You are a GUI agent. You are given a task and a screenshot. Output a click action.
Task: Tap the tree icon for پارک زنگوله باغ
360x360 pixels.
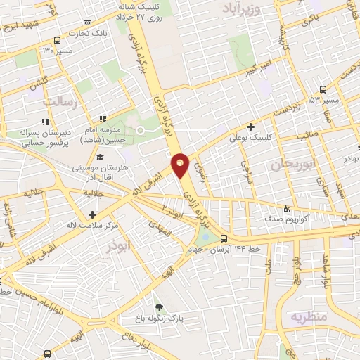tap(159, 307)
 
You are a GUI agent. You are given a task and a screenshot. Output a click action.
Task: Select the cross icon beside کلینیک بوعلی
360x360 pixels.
tap(250, 127)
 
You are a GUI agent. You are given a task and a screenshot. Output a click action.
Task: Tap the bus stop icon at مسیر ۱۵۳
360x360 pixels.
tap(322, 89)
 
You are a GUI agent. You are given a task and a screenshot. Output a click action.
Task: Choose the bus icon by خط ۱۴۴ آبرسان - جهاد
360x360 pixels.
tap(224, 238)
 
